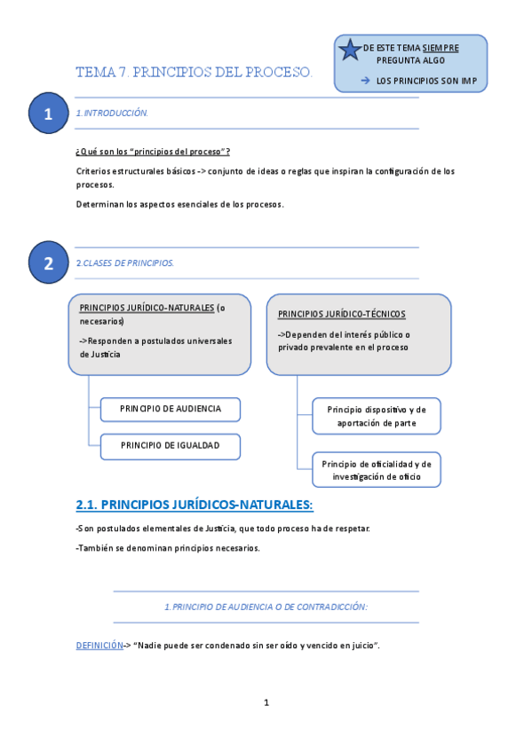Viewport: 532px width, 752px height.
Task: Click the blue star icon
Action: (350, 51)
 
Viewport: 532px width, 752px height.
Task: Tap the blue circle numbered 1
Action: (48, 114)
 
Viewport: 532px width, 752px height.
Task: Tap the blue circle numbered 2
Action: (48, 262)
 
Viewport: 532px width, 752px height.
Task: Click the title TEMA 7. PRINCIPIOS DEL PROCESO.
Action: (195, 72)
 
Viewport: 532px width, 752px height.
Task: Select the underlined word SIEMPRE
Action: (441, 47)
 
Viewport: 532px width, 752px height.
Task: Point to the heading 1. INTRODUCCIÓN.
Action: (112, 114)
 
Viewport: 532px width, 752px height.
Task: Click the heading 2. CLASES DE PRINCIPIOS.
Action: (125, 262)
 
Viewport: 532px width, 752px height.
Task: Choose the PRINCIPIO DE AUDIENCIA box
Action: (170, 409)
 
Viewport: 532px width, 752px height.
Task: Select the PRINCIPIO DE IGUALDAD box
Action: (170, 445)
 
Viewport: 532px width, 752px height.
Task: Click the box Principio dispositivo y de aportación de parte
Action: (377, 416)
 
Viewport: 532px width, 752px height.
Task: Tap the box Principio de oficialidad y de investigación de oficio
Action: (377, 470)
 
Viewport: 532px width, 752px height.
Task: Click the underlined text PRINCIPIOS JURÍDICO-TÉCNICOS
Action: (341, 314)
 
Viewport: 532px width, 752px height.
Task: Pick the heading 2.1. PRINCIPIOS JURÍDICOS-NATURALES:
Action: (195, 505)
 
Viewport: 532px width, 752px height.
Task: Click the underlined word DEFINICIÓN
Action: (99, 646)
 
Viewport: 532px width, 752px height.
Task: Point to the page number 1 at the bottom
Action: (266, 702)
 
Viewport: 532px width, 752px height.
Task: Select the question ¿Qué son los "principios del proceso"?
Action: (154, 152)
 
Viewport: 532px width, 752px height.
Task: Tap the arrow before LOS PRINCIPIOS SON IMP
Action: (365, 81)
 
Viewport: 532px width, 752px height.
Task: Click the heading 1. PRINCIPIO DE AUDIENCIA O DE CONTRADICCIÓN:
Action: (266, 607)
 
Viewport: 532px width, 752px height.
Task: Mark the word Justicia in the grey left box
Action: (100, 354)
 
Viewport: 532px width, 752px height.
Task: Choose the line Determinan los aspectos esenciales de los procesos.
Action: (180, 204)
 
